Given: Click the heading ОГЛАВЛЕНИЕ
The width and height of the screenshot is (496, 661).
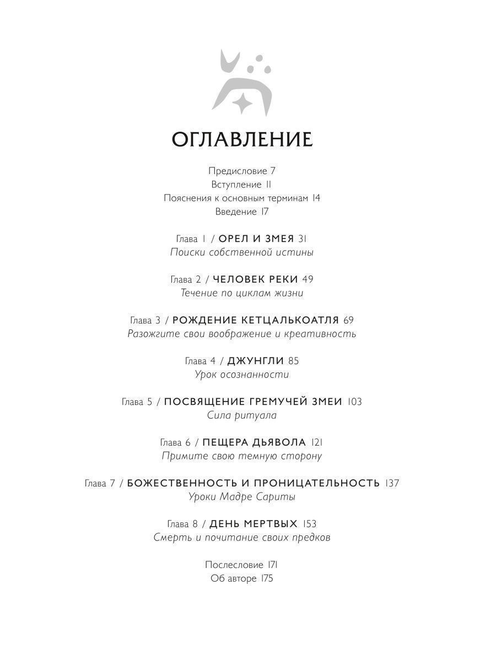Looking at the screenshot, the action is click(x=242, y=139).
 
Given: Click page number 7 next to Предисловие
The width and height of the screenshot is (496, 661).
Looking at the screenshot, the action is click(x=273, y=171).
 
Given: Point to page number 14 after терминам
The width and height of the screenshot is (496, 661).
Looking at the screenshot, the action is click(x=316, y=198).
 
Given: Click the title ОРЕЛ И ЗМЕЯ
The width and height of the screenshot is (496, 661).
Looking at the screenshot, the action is click(x=256, y=239).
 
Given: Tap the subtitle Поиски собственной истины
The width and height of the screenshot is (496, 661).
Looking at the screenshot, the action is click(x=242, y=252).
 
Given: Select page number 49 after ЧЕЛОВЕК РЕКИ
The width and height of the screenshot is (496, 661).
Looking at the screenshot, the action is click(x=308, y=279).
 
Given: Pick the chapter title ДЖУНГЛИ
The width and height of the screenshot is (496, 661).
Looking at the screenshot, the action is click(x=255, y=361).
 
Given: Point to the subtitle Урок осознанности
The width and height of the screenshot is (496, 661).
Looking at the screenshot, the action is click(x=242, y=375).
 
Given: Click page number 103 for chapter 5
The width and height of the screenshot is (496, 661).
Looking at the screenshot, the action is click(x=355, y=402).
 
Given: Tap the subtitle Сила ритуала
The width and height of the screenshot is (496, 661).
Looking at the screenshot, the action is click(x=242, y=415).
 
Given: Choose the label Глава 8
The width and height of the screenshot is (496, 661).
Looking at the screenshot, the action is click(x=181, y=524).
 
